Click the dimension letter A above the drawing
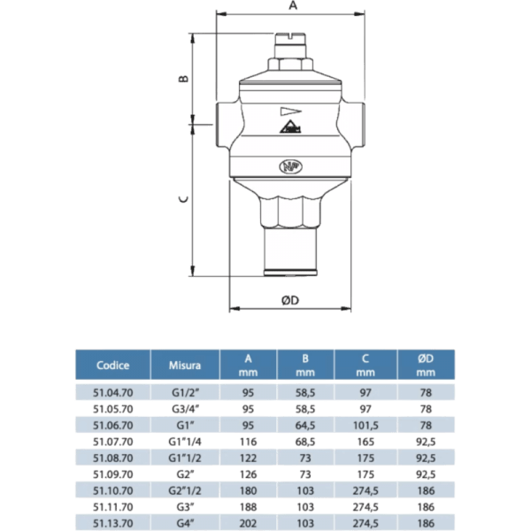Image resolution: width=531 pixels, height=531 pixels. (290, 5)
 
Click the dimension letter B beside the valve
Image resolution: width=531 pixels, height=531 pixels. (184, 79)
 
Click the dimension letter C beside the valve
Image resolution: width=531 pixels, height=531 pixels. (183, 199)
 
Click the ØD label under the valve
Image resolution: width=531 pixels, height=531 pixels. (290, 301)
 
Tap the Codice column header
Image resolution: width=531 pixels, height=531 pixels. (113, 365)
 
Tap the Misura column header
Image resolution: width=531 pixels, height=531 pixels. (185, 365)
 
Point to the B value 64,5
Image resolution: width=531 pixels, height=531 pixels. (306, 425)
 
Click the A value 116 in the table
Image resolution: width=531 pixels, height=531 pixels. (249, 441)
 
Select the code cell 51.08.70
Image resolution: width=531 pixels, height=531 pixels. (113, 457)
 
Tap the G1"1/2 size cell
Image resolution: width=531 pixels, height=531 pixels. (185, 457)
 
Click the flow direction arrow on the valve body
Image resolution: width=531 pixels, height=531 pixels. (289, 112)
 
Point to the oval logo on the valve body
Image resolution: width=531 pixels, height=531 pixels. (289, 165)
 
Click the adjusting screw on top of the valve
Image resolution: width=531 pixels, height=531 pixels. (289, 39)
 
